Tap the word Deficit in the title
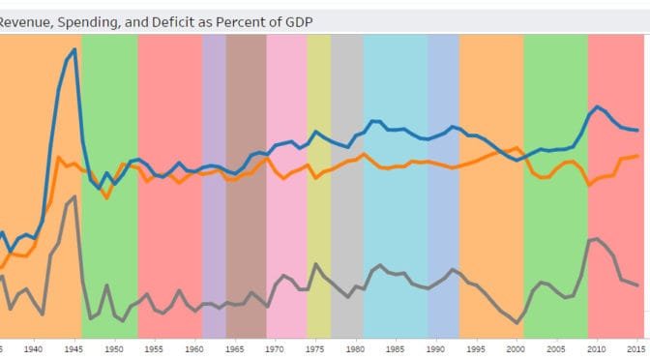coord(179,19)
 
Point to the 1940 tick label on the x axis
coord(33,347)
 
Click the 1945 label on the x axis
coord(74,347)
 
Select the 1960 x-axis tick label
coord(194,347)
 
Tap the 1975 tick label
coord(314,347)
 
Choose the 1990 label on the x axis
coord(435,347)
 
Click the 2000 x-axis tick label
coord(516,347)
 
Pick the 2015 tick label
coord(636,347)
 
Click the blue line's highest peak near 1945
coord(74,48)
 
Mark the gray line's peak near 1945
coord(74,196)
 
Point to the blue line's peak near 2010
coord(598,106)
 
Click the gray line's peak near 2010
coord(598,237)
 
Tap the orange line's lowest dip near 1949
coord(106,197)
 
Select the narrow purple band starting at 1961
coord(214,184)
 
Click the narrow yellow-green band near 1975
coord(319,184)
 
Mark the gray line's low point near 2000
coord(517,322)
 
